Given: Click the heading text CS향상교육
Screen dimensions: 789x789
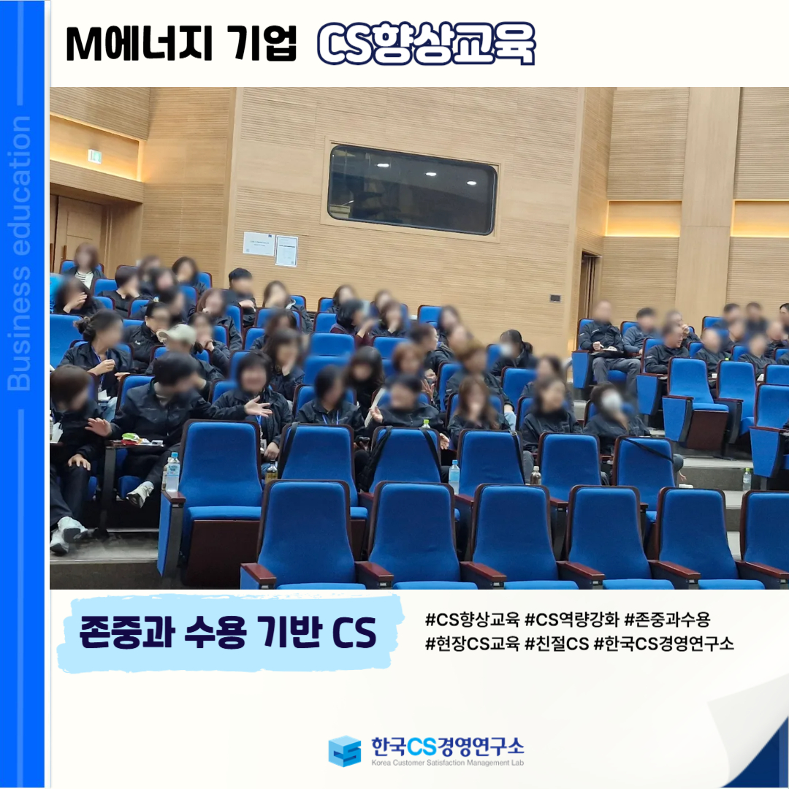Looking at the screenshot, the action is (426, 44).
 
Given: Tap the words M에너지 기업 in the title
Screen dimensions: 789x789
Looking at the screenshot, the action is (181, 44).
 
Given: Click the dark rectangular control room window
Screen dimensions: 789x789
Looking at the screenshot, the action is (412, 190).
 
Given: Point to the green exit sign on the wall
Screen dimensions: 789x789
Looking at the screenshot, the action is (94, 156).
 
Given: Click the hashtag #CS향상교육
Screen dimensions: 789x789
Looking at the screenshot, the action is (472, 620).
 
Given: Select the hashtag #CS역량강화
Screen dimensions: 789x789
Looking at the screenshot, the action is (571, 620).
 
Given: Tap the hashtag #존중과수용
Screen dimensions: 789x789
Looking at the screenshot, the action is (667, 620).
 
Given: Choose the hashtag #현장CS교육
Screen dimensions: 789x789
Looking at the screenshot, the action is (472, 644).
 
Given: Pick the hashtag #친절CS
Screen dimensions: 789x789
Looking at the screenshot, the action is (557, 644).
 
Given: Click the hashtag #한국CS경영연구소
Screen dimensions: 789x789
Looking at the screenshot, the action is (663, 644).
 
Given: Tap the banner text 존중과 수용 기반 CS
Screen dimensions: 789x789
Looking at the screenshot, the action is (228, 633).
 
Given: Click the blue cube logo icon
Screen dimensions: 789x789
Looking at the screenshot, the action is (345, 751).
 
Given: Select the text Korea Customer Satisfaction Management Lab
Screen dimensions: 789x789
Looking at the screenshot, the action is (447, 763).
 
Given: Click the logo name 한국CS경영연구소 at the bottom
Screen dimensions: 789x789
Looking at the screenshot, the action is (447, 746).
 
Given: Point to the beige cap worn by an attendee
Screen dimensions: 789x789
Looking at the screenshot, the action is (178, 334).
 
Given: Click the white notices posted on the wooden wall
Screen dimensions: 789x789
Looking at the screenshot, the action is (270, 248).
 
